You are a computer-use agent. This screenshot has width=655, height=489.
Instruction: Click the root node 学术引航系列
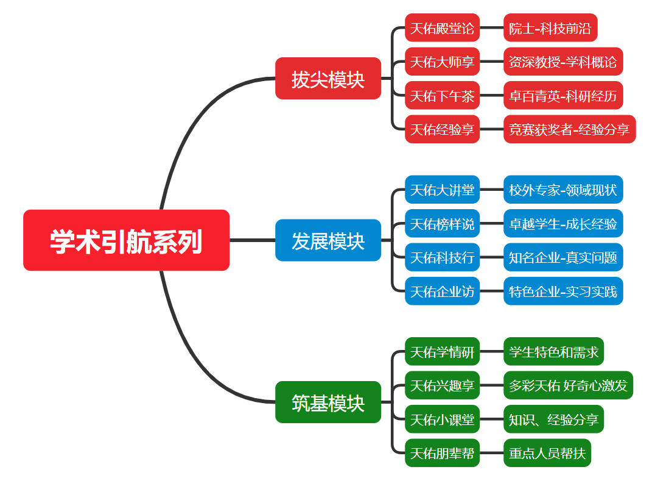pos(126,240)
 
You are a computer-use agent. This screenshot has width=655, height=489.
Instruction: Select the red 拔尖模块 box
pos(327,79)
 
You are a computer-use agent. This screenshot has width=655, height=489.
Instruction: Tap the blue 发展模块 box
pos(327,240)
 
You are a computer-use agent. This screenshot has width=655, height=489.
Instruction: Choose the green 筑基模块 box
pos(327,402)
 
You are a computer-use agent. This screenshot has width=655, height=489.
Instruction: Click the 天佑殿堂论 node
pos(442,28)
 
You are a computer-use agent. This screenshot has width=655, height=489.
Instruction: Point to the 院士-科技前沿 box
pos(550,28)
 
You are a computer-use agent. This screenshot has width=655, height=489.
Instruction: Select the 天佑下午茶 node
pos(442,96)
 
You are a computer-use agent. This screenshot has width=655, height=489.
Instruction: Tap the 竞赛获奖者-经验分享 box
pos(569,129)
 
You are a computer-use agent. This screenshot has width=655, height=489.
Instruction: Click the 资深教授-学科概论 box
pos(562,62)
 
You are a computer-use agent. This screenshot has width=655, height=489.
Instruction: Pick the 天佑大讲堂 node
pos(442,190)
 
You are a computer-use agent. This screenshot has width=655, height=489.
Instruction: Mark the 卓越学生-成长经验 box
pos(562,224)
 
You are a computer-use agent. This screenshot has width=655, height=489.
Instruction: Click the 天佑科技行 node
pos(442,257)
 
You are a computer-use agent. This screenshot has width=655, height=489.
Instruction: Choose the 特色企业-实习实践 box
pos(562,291)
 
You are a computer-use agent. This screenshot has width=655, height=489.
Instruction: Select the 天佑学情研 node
pos(442,352)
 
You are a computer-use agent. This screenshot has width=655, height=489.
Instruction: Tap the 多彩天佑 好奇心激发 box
pos(567,385)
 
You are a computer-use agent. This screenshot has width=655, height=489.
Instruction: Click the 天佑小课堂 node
pos(442,419)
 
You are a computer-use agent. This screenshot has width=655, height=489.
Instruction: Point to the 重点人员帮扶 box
pos(547,453)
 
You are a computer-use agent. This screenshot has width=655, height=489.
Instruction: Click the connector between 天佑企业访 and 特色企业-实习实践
pos(491,291)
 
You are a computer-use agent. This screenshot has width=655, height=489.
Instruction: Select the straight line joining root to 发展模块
pos(252,240)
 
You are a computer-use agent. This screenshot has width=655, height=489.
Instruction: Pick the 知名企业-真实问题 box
pos(562,257)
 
